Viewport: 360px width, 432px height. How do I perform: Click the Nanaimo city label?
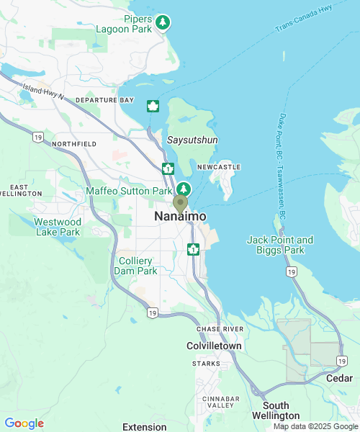pyautogui.click(x=180, y=217)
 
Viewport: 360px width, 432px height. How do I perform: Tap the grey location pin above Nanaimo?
pyautogui.click(x=180, y=204)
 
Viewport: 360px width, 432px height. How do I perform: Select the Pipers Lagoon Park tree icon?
pyautogui.click(x=164, y=23)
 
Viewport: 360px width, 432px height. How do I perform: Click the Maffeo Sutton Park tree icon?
pyautogui.click(x=184, y=190)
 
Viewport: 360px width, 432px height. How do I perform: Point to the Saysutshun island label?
pyautogui.click(x=192, y=140)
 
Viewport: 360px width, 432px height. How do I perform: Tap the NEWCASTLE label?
pyautogui.click(x=218, y=166)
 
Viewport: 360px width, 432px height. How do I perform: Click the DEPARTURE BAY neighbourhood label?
pyautogui.click(x=104, y=100)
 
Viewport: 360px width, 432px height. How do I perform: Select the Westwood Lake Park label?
pyautogui.click(x=57, y=227)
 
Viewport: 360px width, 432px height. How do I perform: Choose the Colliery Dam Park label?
pyautogui.click(x=135, y=266)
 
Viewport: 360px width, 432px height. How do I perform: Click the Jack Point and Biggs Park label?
pyautogui.click(x=280, y=245)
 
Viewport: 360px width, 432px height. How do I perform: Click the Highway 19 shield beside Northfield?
pyautogui.click(x=37, y=136)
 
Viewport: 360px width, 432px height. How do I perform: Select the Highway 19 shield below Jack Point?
pyautogui.click(x=290, y=271)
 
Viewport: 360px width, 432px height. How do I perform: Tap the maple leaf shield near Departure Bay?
pyautogui.click(x=153, y=107)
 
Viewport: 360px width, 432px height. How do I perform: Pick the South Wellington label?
pyautogui.click(x=276, y=411)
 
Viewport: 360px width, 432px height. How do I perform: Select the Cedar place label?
pyautogui.click(x=339, y=378)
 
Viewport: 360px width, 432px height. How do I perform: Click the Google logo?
pyautogui.click(x=24, y=423)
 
